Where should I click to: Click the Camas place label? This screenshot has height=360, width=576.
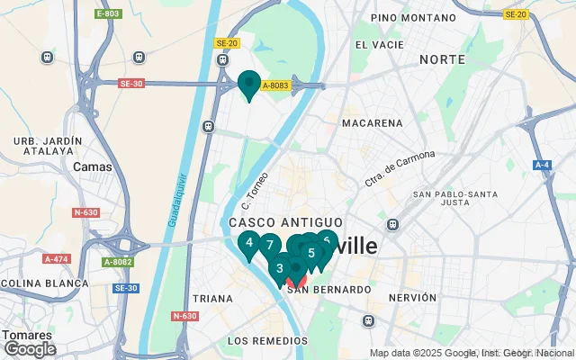pos(93,166)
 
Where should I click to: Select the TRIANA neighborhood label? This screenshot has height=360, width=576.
pos(213,298)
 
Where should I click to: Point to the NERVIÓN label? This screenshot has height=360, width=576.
pos(412,297)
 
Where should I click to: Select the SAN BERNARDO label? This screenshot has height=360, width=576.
pos(329,290)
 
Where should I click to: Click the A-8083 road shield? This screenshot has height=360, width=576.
pos(274,85)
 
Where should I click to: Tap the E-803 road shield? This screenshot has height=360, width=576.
pos(107,14)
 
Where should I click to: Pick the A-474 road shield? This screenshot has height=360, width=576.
pos(56,259)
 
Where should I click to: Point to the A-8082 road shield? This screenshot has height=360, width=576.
pos(117,262)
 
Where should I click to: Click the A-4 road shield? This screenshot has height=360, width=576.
pos(542,165)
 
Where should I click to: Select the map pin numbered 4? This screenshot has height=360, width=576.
pos(249,243)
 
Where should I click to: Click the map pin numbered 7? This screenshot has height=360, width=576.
pos(269,245)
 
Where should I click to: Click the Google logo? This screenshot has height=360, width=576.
pos(30,349)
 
